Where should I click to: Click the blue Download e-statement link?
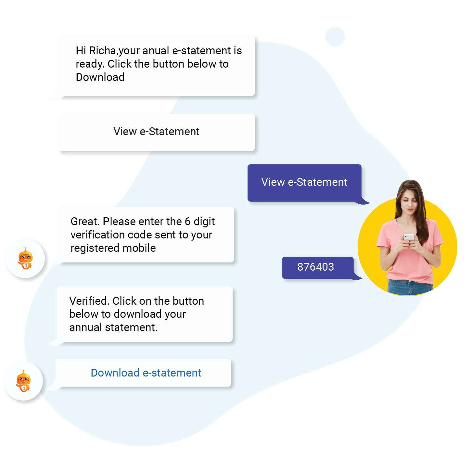146,373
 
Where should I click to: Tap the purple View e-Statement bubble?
304,183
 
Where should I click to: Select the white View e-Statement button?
156,132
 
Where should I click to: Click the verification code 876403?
316,267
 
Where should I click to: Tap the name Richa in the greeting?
102,51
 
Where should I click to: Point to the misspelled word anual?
156,51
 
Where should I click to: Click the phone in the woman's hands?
409,237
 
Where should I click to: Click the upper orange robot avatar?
25,259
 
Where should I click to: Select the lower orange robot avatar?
23,381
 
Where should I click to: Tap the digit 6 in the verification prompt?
187,222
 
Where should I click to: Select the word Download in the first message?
100,77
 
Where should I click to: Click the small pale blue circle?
335,37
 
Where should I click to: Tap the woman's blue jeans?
410,287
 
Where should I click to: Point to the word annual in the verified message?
86,327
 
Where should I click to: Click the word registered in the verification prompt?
95,248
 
